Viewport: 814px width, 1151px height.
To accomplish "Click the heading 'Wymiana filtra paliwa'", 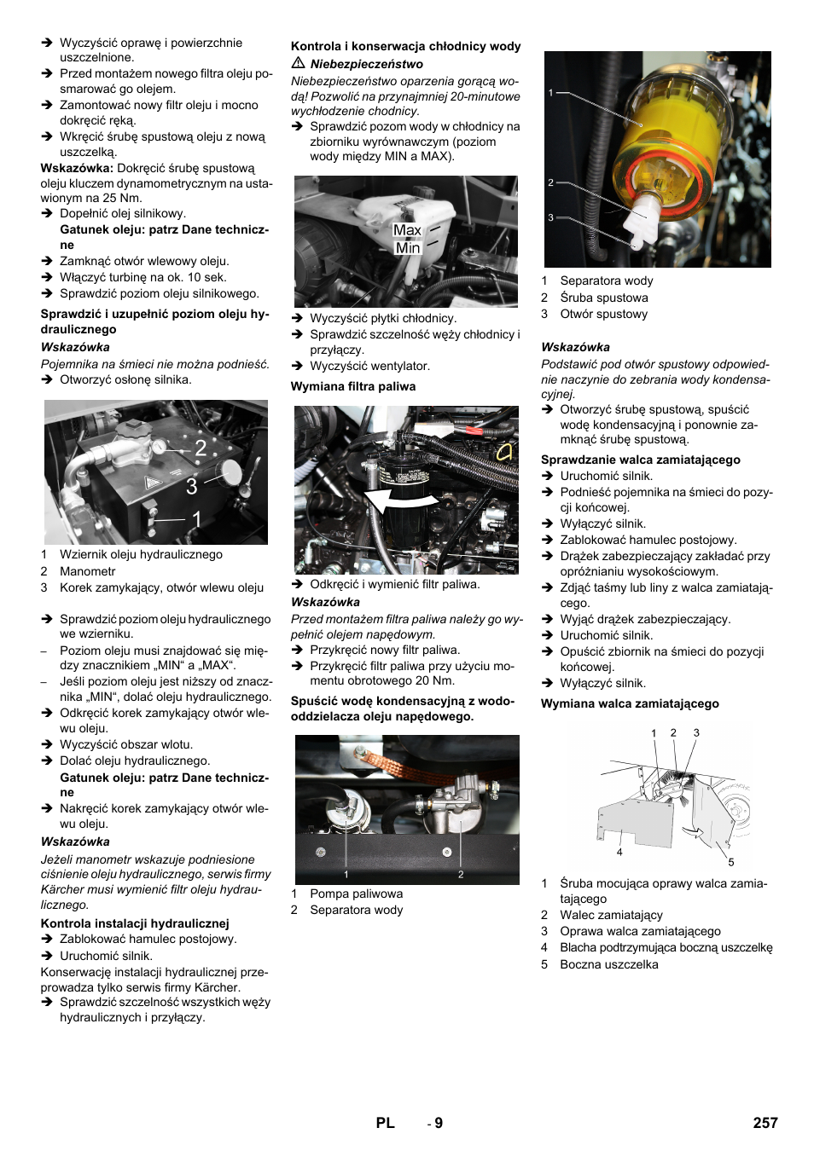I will coord(353,386).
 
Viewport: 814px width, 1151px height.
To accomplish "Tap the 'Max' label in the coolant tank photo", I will coord(407,230).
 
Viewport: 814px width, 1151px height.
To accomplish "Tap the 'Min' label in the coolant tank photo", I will coord(408,248).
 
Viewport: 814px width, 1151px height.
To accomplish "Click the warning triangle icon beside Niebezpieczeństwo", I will coord(299,64).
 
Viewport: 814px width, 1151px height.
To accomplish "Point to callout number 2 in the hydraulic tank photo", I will coord(201,448).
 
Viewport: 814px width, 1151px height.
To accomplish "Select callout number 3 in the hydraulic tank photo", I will coord(192,487).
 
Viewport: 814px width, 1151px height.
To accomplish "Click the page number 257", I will coord(765,1123).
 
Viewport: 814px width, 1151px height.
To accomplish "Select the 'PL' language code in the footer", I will coord(385,1123).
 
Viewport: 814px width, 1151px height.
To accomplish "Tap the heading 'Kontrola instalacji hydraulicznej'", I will coord(135,923).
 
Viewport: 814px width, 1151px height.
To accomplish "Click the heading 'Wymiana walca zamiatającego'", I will coord(630,703).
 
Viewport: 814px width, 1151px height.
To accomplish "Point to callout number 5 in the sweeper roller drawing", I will coord(730,862).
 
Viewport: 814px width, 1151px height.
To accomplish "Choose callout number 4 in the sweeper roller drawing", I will coord(619,852).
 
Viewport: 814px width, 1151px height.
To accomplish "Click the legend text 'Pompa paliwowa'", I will coord(356,894).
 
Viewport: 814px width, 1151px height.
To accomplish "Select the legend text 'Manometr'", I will coord(87,571).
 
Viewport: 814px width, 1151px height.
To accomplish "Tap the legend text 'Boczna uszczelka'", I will coord(608,964).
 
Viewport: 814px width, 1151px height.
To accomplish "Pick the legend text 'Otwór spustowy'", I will coord(603,314).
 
